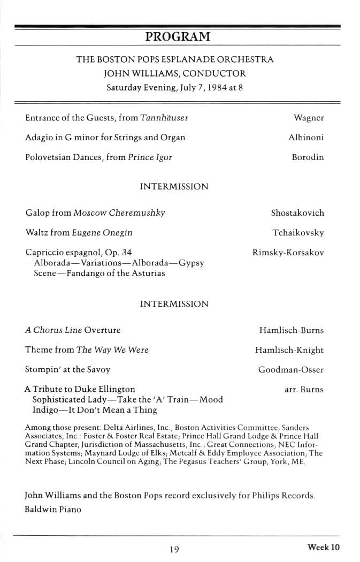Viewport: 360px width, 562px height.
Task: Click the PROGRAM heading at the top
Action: (178, 37)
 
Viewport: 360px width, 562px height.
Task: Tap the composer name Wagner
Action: (309, 118)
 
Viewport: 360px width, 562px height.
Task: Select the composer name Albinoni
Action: (306, 138)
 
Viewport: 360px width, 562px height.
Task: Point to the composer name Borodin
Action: (308, 157)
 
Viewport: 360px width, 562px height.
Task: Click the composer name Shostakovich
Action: (297, 213)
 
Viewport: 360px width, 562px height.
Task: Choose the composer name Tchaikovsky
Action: (298, 233)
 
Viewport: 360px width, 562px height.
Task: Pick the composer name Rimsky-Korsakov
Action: (288, 253)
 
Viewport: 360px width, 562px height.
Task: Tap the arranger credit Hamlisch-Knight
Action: (289, 350)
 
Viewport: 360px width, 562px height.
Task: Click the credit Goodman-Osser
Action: (290, 370)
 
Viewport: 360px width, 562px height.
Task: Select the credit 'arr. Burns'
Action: (304, 390)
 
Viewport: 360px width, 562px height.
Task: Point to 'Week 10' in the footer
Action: (324, 547)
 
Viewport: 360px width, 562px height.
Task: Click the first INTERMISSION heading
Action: (174, 187)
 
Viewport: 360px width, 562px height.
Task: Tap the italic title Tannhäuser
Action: (164, 118)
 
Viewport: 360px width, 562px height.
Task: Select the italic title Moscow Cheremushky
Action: (119, 213)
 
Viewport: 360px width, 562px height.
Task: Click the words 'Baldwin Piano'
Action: (53, 510)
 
